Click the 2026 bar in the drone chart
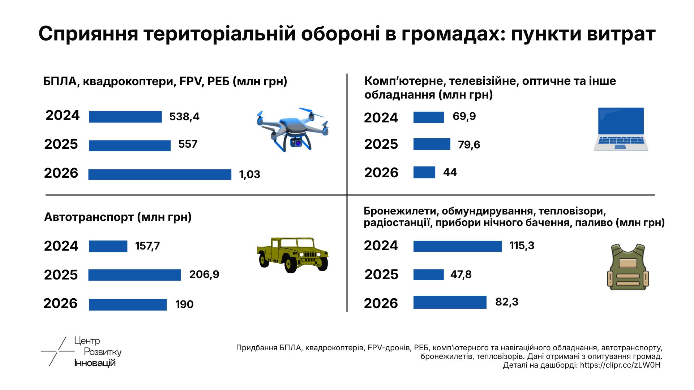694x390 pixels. [160, 174]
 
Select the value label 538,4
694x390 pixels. [184, 117]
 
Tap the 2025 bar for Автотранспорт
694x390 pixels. [134, 275]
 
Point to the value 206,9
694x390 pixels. [204, 274]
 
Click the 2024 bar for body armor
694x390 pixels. [457, 246]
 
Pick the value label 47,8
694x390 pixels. [461, 274]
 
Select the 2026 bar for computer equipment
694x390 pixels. [424, 172]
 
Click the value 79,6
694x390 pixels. [469, 145]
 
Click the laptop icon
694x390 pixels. [621, 129]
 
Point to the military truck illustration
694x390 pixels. [292, 255]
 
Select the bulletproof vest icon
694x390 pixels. [628, 267]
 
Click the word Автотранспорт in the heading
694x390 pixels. [89, 217]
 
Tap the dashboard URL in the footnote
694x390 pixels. [620, 365]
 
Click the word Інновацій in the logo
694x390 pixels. [95, 363]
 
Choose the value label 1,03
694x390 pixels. [249, 174]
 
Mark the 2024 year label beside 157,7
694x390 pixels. [61, 246]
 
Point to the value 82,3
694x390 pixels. [506, 302]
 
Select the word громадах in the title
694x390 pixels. [450, 34]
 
